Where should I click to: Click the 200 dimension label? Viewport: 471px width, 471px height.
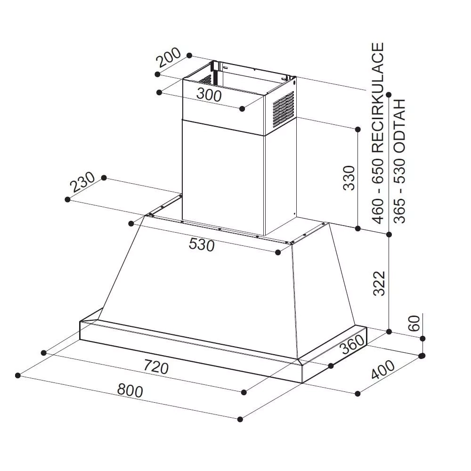(x=169, y=57)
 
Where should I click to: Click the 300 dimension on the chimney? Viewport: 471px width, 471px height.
(x=209, y=95)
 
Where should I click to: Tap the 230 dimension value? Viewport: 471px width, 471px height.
(x=82, y=182)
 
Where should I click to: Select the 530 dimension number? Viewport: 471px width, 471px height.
(x=202, y=244)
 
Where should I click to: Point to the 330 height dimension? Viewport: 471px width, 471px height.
(x=349, y=178)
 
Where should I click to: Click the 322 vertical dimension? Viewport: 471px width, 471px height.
(x=379, y=284)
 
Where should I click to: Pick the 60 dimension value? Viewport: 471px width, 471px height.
(x=414, y=323)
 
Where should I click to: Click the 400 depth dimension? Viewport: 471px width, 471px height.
(x=383, y=369)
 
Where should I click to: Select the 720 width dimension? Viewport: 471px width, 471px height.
(x=156, y=367)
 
